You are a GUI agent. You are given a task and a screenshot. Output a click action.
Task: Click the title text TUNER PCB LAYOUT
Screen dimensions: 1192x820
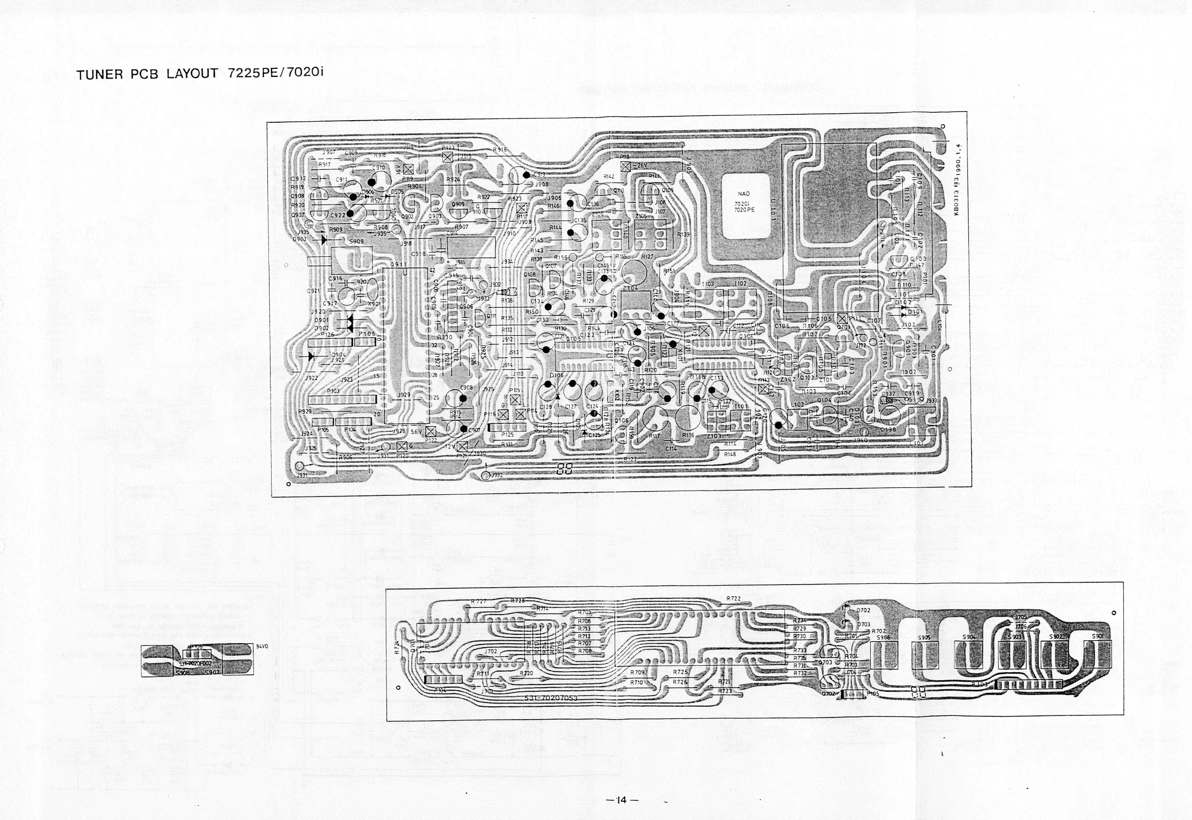pyautogui.click(x=147, y=74)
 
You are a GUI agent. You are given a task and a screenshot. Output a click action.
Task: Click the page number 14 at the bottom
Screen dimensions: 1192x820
pyautogui.click(x=619, y=800)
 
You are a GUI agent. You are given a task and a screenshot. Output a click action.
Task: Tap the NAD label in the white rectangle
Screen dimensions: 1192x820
pyautogui.click(x=744, y=194)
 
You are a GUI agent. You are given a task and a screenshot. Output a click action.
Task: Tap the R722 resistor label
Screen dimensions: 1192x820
pyautogui.click(x=734, y=598)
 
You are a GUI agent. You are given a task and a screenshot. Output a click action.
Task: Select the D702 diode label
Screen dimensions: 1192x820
pyautogui.click(x=863, y=610)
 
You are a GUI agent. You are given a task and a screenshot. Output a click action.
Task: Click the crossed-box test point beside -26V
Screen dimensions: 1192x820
pyautogui.click(x=626, y=166)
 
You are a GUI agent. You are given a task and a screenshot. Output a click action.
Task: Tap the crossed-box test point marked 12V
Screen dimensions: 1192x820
pyautogui.click(x=462, y=446)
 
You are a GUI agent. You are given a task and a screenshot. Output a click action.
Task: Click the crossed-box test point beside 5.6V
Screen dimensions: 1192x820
pyautogui.click(x=430, y=431)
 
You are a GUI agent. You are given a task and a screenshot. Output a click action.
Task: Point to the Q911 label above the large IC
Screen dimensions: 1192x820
pyautogui.click(x=397, y=264)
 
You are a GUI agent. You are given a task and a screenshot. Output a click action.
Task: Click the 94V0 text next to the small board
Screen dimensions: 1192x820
pyautogui.click(x=262, y=645)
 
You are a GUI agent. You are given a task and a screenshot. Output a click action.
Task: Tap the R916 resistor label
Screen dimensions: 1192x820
pyautogui.click(x=499, y=150)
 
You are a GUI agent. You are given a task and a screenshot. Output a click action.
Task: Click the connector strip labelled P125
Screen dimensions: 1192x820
pyautogui.click(x=506, y=428)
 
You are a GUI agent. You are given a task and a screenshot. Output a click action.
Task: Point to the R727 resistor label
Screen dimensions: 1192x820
pyautogui.click(x=478, y=602)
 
